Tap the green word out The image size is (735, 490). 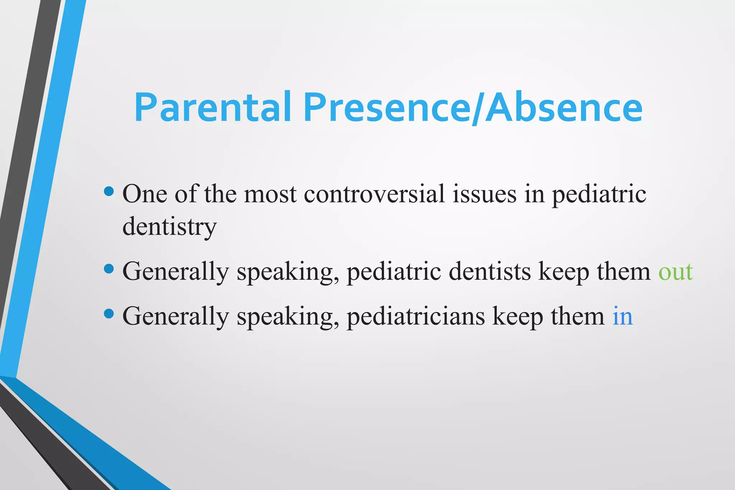point(675,272)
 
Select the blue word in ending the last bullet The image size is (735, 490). point(622,316)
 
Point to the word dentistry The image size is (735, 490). point(169,227)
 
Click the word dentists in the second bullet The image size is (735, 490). point(490,272)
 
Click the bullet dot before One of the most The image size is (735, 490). point(108,191)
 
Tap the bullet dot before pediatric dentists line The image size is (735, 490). point(108,269)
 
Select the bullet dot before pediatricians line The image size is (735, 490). point(108,314)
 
